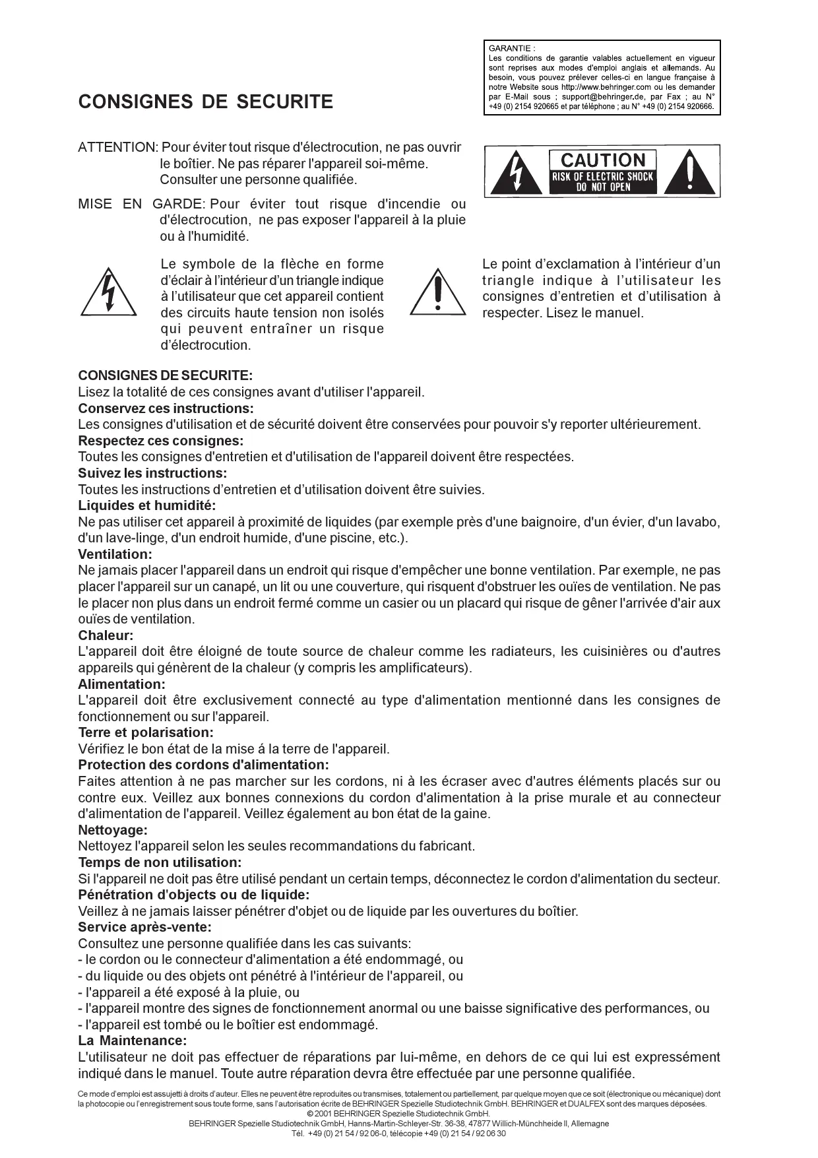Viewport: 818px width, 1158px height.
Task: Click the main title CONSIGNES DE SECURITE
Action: point(205,102)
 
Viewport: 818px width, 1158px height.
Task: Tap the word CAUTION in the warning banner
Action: point(603,160)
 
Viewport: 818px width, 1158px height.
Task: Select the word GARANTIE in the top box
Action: point(511,48)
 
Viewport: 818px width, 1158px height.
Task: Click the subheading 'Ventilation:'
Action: point(115,554)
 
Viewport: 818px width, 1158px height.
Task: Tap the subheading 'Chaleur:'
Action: point(106,635)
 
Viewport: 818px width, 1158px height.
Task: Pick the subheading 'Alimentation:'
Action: point(121,684)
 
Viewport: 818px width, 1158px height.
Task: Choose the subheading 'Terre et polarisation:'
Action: point(146,732)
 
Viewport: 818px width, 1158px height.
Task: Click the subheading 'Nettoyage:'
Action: point(113,830)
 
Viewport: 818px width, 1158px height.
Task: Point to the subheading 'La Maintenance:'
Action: point(132,1041)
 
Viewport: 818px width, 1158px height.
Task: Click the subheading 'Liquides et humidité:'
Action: point(146,506)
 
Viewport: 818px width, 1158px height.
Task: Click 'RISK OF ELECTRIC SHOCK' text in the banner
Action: point(602,177)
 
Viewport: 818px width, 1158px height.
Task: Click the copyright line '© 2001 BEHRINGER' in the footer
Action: point(408,1113)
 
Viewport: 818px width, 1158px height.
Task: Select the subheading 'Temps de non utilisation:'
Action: point(160,862)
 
